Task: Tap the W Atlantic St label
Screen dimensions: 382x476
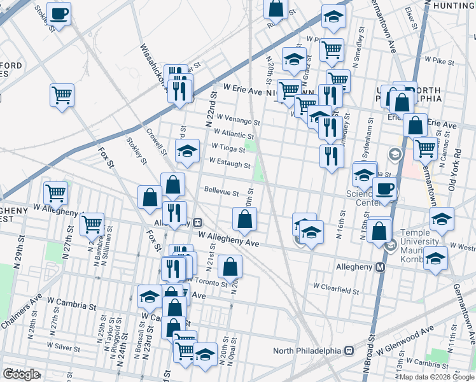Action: [x=234, y=134]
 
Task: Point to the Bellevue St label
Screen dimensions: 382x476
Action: [x=221, y=191]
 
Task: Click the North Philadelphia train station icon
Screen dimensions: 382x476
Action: [x=349, y=351]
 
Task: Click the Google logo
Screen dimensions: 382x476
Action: [x=20, y=374]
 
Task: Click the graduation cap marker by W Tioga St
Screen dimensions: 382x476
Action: [x=187, y=151]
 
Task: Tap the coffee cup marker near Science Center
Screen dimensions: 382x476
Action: [x=384, y=188]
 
